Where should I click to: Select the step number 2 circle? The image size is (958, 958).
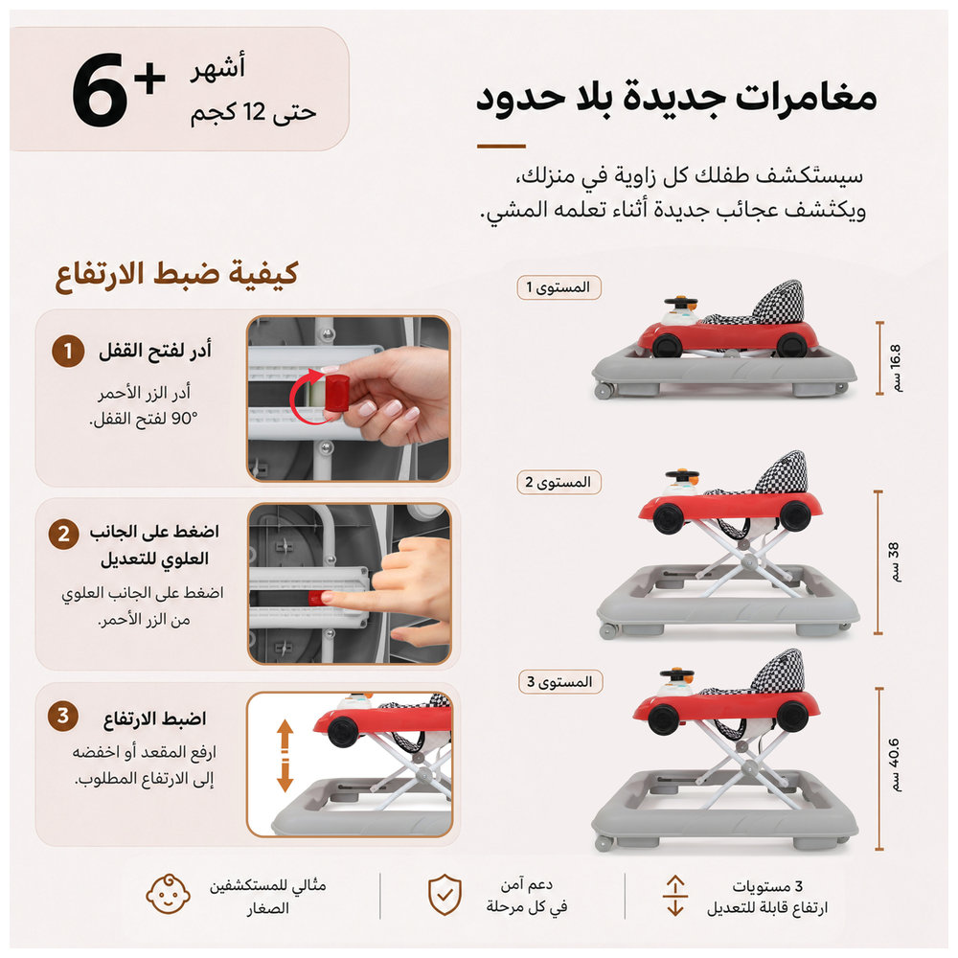(63, 534)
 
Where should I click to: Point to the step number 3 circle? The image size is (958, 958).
(63, 716)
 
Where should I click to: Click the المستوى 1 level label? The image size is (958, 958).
(559, 287)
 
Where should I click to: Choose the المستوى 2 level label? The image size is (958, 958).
(559, 482)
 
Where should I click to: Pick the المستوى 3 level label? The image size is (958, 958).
(560, 681)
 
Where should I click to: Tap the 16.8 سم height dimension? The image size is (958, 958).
(895, 367)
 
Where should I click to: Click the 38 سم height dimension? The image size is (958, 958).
(894, 561)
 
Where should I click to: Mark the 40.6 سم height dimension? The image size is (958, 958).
(895, 764)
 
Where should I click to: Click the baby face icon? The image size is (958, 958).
(168, 895)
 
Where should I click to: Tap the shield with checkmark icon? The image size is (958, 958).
(445, 895)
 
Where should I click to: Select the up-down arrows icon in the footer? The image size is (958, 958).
(675, 896)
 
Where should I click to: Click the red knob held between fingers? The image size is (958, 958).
(336, 393)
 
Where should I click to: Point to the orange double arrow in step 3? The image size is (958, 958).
(285, 755)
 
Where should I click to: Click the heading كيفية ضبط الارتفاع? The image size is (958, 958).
(176, 274)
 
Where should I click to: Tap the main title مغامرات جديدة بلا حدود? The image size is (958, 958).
(677, 98)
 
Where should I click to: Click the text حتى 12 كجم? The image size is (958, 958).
(254, 112)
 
